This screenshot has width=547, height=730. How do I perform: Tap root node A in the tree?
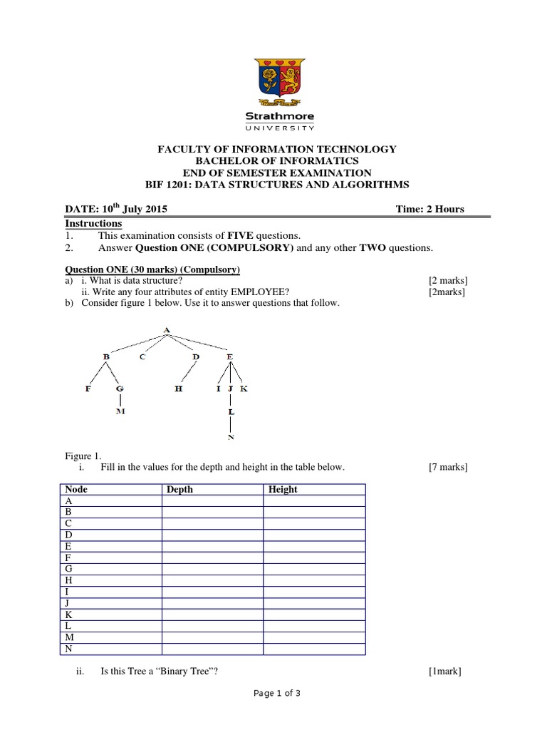click(x=167, y=330)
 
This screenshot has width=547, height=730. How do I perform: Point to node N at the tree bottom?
click(x=230, y=437)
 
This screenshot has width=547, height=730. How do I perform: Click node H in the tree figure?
click(x=179, y=389)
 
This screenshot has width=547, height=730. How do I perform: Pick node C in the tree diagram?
click(x=142, y=356)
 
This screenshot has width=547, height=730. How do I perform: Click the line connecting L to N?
click(x=230, y=424)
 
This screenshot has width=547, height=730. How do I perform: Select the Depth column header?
click(x=179, y=490)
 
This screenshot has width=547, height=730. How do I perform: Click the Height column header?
click(x=283, y=490)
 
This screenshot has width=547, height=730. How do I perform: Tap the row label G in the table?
click(x=69, y=569)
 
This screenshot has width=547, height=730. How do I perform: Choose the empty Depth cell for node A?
click(x=212, y=501)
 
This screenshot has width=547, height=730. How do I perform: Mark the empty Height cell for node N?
click(x=314, y=649)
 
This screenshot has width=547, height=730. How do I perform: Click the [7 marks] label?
click(x=448, y=468)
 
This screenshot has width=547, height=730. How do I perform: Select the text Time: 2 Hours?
click(x=429, y=209)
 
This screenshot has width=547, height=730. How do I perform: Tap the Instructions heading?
click(x=93, y=223)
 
